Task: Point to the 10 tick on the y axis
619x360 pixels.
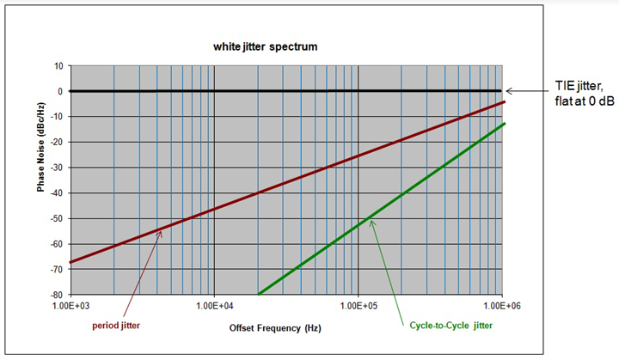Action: pos(58,65)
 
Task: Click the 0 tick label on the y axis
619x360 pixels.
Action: pos(60,91)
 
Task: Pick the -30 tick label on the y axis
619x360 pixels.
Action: pos(56,168)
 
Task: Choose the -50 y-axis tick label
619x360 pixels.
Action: pos(56,218)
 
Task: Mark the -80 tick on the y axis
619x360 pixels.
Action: pos(56,295)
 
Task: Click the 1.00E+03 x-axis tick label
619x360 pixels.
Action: pos(70,306)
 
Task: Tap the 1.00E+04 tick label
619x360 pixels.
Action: pos(214,306)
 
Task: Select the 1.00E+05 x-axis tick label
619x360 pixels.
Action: pos(359,306)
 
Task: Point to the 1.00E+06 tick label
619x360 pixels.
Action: pos(501,306)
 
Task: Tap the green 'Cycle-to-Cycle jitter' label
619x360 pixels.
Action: pos(444,325)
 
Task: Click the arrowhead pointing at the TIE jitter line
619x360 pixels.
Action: pos(508,90)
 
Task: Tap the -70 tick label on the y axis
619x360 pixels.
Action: pos(56,269)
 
